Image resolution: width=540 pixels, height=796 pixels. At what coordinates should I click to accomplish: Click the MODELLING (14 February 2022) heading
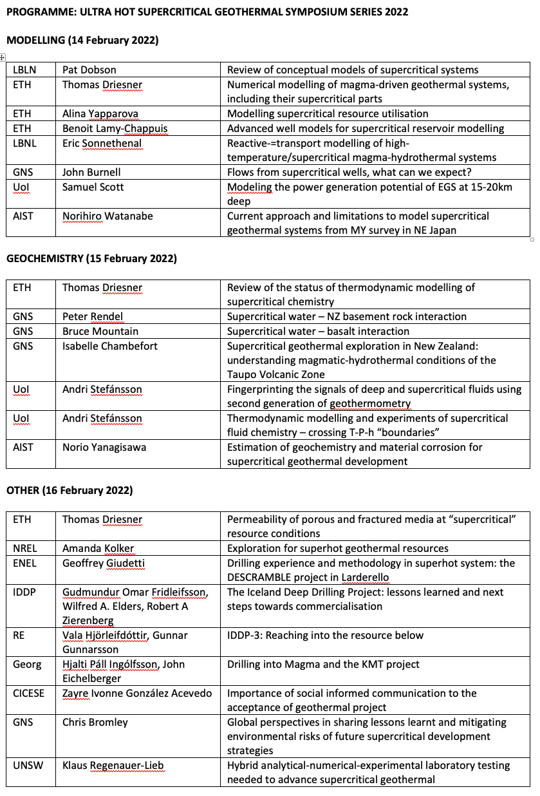click(x=82, y=40)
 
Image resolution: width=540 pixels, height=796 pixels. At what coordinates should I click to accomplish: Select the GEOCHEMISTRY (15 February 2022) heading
click(x=91, y=258)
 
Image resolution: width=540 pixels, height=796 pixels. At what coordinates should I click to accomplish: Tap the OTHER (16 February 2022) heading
click(x=70, y=490)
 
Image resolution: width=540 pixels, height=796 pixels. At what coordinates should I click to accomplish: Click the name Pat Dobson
click(x=89, y=70)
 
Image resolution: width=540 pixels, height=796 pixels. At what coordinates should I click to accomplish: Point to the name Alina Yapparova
click(x=100, y=113)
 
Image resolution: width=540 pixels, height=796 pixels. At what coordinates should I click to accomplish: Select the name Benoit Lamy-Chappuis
click(x=115, y=128)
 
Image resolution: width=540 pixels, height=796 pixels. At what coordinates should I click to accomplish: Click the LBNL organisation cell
click(x=24, y=143)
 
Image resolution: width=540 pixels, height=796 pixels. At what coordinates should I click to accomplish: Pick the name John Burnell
click(x=91, y=172)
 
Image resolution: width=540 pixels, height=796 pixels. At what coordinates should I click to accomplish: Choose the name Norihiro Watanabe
click(x=107, y=216)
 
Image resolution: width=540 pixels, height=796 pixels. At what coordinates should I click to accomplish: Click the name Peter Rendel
click(x=93, y=316)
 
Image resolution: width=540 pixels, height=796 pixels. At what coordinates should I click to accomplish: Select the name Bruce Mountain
click(x=100, y=331)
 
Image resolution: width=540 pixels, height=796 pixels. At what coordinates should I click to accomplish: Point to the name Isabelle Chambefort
click(x=110, y=346)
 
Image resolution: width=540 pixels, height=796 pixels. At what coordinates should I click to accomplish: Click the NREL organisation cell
click(x=25, y=548)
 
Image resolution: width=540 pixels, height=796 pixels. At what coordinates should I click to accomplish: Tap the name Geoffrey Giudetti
click(x=104, y=563)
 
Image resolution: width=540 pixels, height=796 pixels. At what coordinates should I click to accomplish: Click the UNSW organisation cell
click(x=26, y=766)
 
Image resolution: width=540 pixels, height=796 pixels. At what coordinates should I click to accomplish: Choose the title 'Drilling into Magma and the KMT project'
click(x=323, y=664)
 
